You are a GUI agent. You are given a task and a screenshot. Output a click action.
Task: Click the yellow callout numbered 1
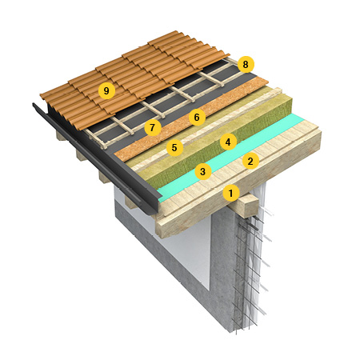click(231, 193)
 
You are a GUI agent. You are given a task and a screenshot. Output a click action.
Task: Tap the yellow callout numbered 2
click(250, 162)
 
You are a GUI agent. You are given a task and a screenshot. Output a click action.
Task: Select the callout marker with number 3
click(203, 171)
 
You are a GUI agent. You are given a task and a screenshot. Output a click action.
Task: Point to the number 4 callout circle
click(228, 142)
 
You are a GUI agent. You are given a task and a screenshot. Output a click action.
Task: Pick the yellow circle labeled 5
click(174, 147)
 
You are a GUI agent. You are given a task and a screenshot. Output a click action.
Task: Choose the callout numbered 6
click(197, 117)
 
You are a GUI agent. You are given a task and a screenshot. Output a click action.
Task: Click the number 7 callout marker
click(153, 128)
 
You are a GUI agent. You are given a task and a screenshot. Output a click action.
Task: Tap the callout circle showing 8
click(246, 64)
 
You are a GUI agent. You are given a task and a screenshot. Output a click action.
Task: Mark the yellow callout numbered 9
click(106, 91)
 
